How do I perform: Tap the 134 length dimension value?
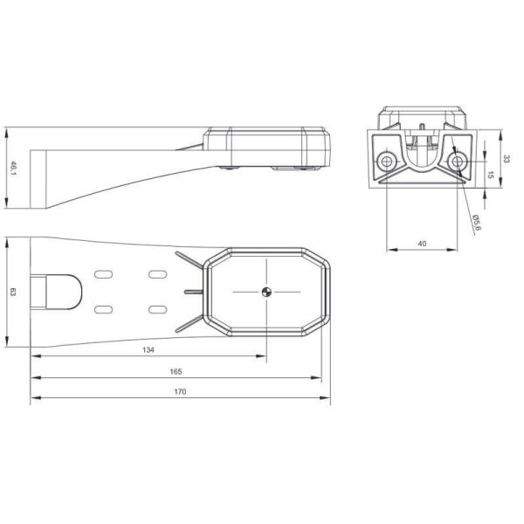click(x=148, y=350)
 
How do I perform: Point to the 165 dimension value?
click(x=176, y=371)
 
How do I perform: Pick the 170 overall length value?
click(x=181, y=392)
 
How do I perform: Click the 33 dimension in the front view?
click(x=506, y=159)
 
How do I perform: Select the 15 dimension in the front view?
click(x=491, y=175)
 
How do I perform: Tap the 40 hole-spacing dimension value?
click(x=422, y=244)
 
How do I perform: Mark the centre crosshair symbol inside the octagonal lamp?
click(x=267, y=293)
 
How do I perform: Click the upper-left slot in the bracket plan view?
click(x=103, y=275)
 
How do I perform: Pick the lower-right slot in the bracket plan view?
click(x=158, y=309)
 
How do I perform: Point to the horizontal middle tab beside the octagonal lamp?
click(x=192, y=291)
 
